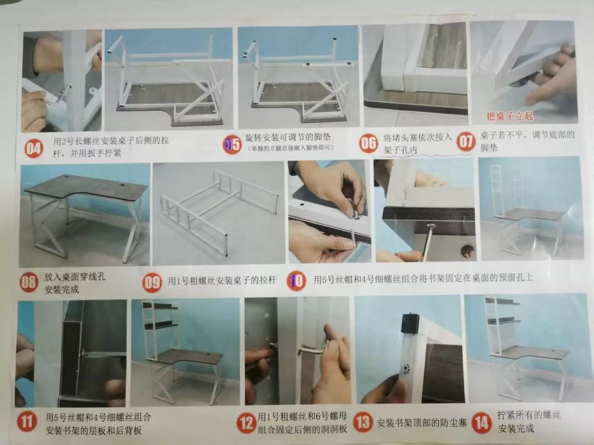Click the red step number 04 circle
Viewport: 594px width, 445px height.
click(34, 148)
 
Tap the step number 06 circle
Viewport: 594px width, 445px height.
click(369, 143)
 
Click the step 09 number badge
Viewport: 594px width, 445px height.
click(152, 282)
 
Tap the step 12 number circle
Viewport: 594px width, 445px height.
click(246, 423)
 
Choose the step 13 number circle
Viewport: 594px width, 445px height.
click(363, 423)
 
